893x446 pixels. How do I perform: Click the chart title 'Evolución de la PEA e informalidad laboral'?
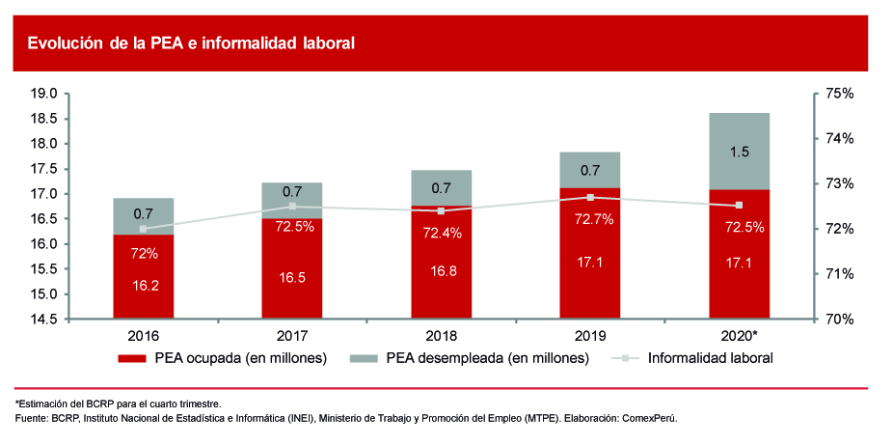pos(192,42)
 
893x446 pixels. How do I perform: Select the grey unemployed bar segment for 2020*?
pos(739,152)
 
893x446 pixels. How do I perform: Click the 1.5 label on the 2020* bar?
pos(740,152)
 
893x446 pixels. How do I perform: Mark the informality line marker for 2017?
pos(292,207)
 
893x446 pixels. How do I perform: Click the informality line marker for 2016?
pos(143,229)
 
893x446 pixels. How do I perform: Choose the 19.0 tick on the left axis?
pos(44,94)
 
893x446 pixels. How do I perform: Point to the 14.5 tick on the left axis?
pos(44,319)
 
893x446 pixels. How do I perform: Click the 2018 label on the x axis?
pos(441,335)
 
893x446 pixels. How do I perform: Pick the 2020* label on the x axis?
pos(741,335)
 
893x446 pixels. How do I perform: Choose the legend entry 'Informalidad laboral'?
pos(710,358)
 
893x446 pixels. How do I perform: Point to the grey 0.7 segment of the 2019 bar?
pos(590,170)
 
